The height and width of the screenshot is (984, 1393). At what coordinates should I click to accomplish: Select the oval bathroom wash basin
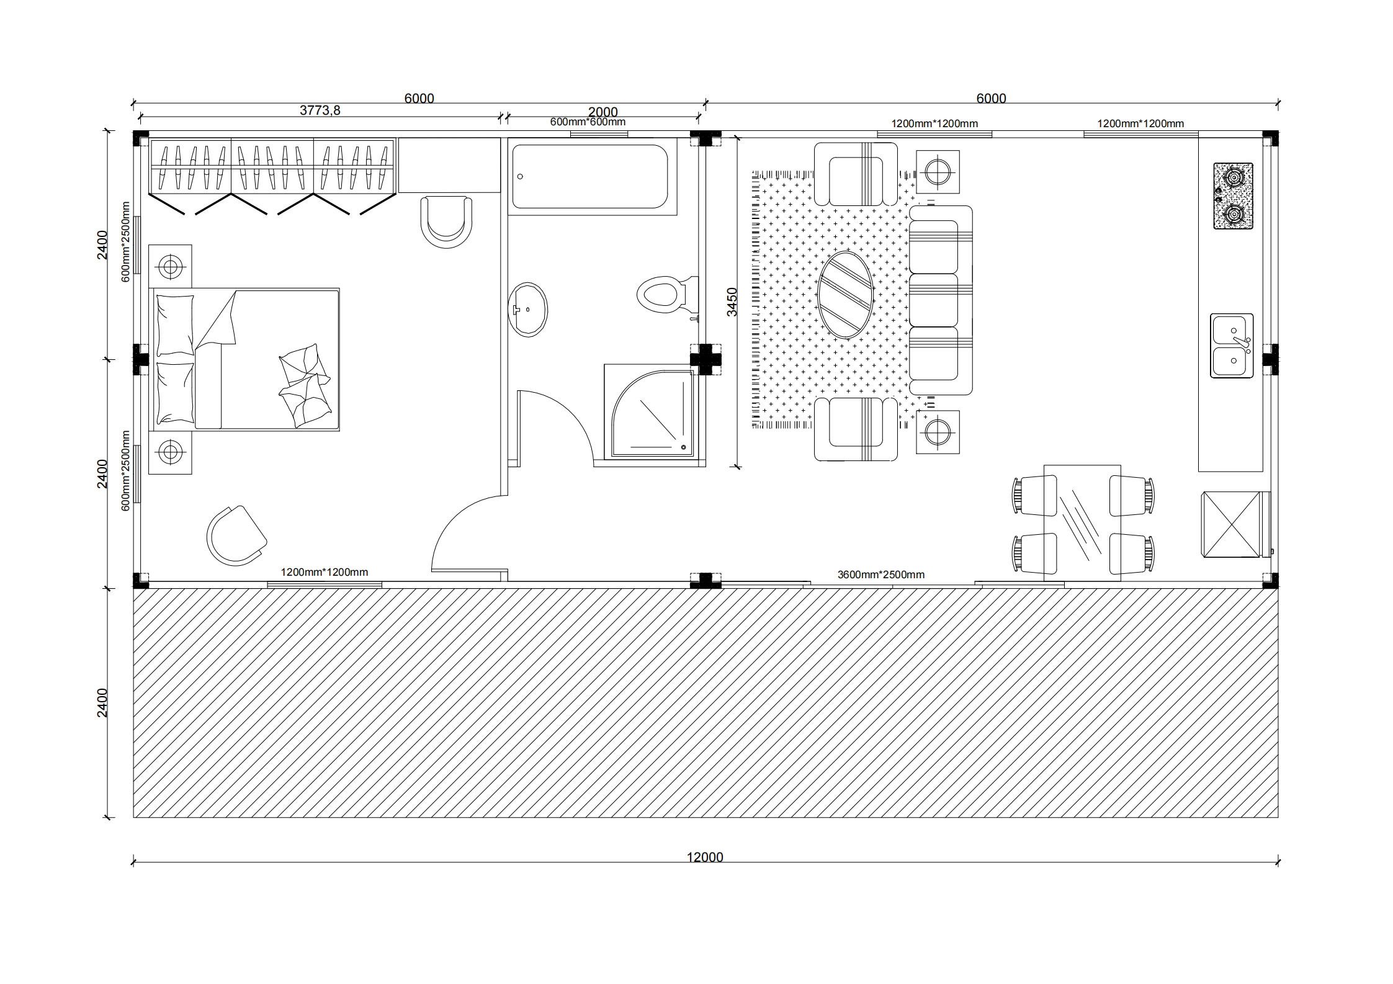point(528,310)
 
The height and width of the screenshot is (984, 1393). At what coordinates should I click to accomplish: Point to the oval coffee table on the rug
point(846,295)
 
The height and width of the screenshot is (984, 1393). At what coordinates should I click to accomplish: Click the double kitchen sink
point(1232,346)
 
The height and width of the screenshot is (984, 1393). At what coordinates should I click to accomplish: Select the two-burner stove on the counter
point(1233,196)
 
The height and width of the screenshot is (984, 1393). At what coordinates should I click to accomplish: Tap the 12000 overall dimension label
point(705,857)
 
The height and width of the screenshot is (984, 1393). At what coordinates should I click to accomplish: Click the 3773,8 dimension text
point(320,110)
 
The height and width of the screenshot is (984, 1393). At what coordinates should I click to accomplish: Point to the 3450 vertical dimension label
point(732,302)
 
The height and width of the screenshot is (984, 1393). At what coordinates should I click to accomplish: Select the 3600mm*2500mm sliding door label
point(881,575)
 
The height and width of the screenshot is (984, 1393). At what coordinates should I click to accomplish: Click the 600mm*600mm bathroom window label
point(588,122)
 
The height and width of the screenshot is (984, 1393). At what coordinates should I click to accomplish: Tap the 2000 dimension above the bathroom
point(603,112)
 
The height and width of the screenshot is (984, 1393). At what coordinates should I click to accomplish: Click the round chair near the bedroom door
point(236,535)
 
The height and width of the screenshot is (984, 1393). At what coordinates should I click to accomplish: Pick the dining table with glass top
point(1083,522)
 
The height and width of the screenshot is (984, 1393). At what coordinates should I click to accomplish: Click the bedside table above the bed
point(170,267)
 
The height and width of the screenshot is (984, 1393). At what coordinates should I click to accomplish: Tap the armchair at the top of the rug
point(856,174)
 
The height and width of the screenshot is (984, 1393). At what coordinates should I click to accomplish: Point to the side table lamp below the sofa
point(938,431)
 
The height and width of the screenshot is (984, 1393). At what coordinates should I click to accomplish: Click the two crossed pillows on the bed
point(305,385)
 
